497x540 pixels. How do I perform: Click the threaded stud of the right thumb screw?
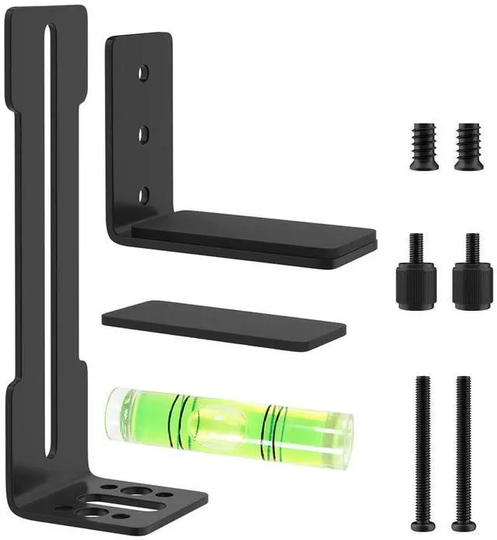click(471, 247)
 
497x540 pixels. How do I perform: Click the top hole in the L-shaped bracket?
click(144, 73)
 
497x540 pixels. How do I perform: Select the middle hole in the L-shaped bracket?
click(144, 134)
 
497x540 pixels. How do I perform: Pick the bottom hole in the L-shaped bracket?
click(144, 194)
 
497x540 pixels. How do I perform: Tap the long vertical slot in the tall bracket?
click(49, 233)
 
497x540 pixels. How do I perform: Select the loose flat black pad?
click(224, 326)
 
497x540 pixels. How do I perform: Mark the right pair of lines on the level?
click(273, 430)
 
